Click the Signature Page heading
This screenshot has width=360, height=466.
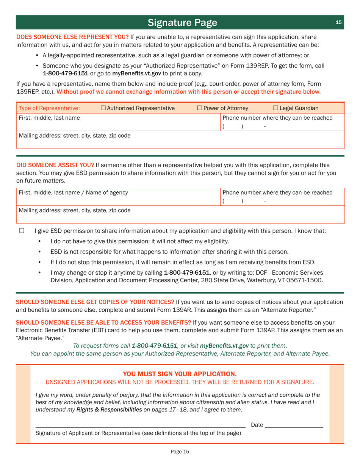[183, 23]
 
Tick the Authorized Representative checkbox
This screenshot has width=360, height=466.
[104, 109]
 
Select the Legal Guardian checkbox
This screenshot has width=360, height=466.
[275, 109]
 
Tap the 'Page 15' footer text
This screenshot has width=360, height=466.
[180, 451]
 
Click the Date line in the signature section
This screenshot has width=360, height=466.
[294, 425]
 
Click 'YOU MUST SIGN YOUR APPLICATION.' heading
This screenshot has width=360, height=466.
[180, 374]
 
